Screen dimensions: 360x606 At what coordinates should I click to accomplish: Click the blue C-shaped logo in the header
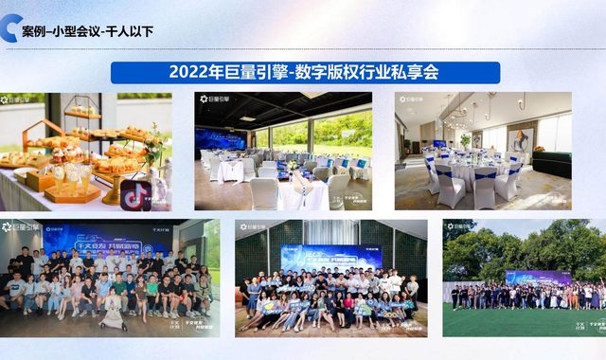11,28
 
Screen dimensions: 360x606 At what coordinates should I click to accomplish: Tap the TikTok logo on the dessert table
135,193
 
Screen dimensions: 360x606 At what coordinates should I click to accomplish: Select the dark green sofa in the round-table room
550,167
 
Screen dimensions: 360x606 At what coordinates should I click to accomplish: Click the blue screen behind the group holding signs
330,256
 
